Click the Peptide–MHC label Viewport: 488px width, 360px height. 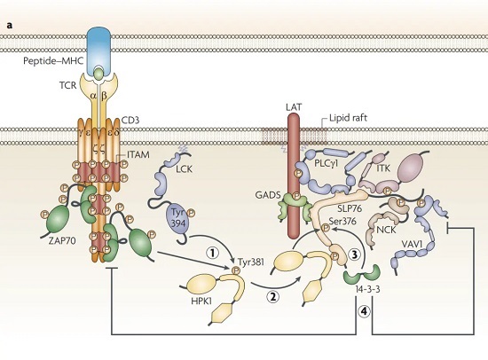pos(53,60)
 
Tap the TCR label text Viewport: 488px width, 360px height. pos(67,85)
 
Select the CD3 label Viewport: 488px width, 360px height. pos(130,120)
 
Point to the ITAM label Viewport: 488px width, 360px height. pos(138,154)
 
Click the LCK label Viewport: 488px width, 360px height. pos(184,169)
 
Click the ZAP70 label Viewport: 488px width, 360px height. pos(62,240)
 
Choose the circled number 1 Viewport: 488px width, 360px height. pos(213,253)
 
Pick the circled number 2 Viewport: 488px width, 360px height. pos(272,296)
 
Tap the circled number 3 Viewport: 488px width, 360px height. pos(354,254)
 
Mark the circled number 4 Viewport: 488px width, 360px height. pos(364,311)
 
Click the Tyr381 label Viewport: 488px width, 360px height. pos(251,262)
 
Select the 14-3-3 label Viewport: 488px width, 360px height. pos(367,289)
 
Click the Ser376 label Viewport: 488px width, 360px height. pos(342,222)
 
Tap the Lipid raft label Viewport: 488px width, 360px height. pos(349,118)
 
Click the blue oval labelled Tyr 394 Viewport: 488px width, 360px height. pos(178,218)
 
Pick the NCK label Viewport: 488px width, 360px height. pos(386,230)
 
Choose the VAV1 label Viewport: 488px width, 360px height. pos(412,244)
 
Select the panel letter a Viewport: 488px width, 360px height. pos(10,26)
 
